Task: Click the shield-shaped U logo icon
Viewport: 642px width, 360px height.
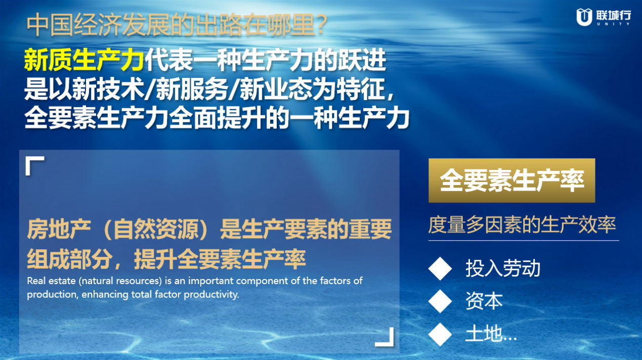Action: pyautogui.click(x=584, y=17)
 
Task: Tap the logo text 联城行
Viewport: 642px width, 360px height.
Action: pyautogui.click(x=614, y=15)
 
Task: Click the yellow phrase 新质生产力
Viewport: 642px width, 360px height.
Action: pyautogui.click(x=83, y=60)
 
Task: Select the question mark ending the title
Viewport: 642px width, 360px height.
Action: pyautogui.click(x=321, y=25)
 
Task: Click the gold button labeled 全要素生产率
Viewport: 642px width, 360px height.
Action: pyautogui.click(x=512, y=181)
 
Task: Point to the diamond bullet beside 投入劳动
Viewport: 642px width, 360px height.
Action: pyautogui.click(x=440, y=268)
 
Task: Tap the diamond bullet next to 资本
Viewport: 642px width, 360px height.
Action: pyautogui.click(x=440, y=301)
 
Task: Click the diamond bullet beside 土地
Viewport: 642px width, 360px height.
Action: pyautogui.click(x=440, y=334)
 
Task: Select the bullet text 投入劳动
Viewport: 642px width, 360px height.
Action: pyautogui.click(x=503, y=268)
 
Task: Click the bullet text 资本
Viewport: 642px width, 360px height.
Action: pyautogui.click(x=484, y=301)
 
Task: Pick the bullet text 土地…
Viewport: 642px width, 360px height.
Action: pyautogui.click(x=491, y=334)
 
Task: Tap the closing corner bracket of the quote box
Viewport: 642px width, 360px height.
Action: pyautogui.click(x=384, y=337)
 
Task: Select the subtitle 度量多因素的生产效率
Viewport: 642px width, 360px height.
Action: pyautogui.click(x=522, y=225)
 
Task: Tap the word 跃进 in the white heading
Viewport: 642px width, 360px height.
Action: pyautogui.click(x=362, y=60)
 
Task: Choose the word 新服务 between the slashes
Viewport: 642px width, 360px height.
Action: pyautogui.click(x=192, y=89)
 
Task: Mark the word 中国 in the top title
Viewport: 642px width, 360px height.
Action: pyautogui.click(x=49, y=25)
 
